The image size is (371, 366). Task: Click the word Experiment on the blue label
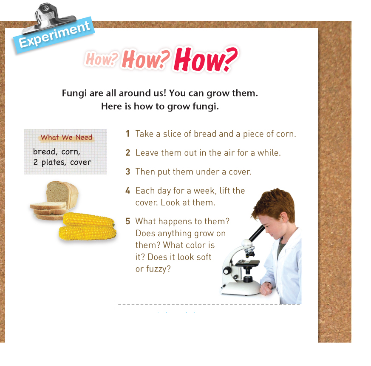coord(54,34)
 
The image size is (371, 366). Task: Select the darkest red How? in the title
coord(206,59)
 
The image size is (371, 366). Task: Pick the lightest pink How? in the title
coord(102,59)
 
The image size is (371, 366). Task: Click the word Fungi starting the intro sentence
coord(74,93)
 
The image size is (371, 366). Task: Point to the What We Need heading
coord(66,137)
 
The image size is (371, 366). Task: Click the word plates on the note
coord(54,162)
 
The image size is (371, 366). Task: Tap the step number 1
coord(128,134)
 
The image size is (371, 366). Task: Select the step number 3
coord(128,172)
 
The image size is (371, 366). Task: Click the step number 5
coord(128,221)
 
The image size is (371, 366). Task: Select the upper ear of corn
coord(89,219)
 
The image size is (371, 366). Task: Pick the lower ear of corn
coord(88,233)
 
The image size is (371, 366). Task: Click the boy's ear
coord(283,218)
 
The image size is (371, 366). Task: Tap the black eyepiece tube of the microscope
coord(257,233)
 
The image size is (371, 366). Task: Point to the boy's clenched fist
coord(266,288)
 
